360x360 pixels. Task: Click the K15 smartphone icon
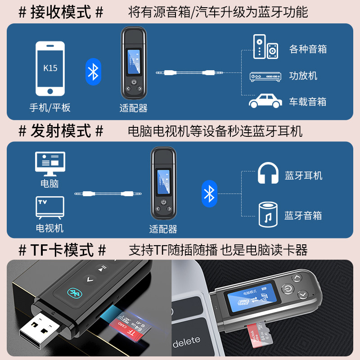(50, 68)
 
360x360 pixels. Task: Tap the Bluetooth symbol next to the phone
(93, 71)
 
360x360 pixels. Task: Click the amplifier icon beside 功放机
(265, 76)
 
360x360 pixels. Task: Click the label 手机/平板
(50, 108)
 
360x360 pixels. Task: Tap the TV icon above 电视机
(50, 207)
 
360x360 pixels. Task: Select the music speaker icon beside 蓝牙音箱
(268, 214)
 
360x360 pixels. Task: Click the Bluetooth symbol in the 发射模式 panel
(209, 193)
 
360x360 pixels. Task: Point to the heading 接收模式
(60, 12)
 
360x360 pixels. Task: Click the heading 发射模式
(60, 131)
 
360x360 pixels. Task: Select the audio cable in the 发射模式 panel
(108, 194)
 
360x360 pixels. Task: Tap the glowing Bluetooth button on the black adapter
(72, 292)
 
